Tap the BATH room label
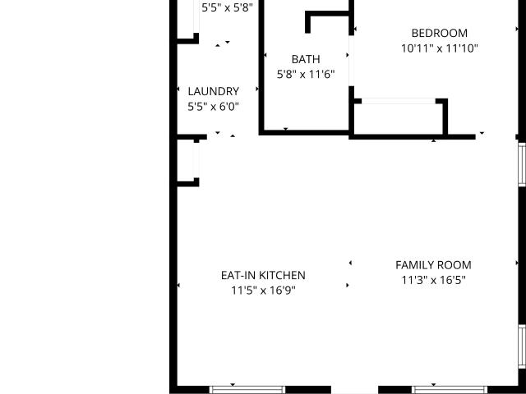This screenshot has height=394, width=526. [306, 59]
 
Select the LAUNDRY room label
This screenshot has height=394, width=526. [214, 91]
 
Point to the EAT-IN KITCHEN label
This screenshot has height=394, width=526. [263, 276]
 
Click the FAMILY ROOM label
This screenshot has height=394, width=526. [433, 265]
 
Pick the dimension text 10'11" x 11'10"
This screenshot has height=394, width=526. [440, 48]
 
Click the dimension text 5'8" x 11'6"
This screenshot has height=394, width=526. [306, 75]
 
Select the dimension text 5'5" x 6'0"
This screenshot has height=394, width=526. [213, 107]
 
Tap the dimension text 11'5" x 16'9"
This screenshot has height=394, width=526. [263, 290]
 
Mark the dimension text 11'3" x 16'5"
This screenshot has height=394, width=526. [433, 280]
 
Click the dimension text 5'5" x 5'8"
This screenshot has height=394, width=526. [227, 7]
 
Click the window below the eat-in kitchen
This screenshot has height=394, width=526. [247, 390]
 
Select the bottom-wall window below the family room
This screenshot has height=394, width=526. [450, 390]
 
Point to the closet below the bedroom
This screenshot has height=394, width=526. [399, 119]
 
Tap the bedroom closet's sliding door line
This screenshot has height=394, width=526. [399, 101]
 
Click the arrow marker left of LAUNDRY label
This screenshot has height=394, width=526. [178, 89]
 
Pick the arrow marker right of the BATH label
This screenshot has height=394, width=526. [348, 55]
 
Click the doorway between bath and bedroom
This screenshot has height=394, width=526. [351, 61]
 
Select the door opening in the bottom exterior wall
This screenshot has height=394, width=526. [354, 390]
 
